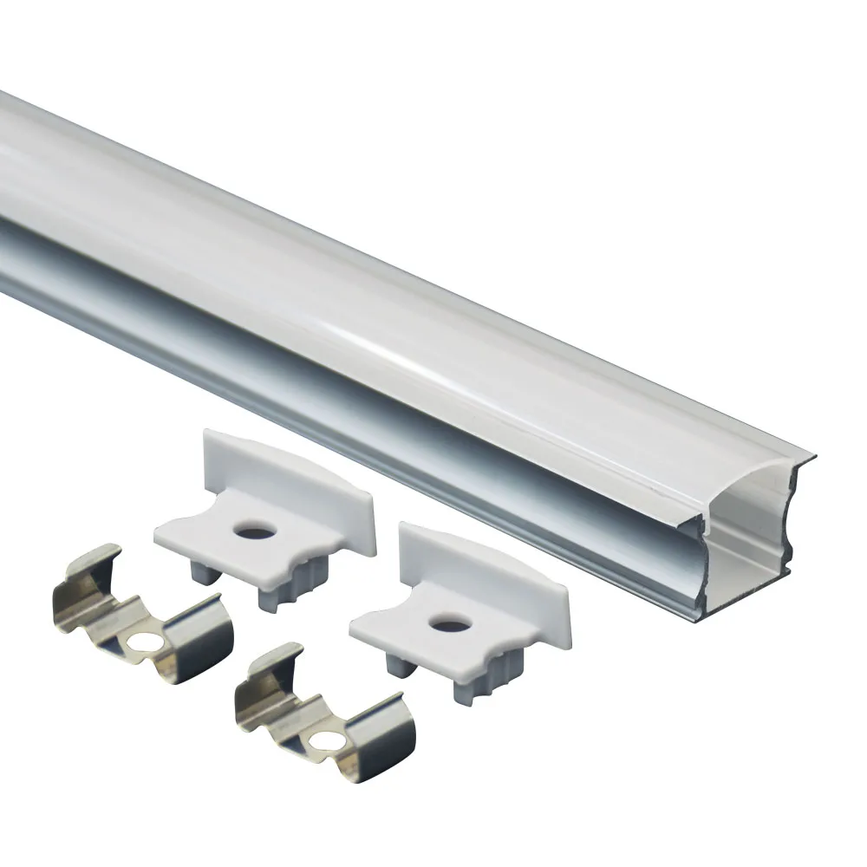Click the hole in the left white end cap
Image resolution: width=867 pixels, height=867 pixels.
click(x=255, y=529)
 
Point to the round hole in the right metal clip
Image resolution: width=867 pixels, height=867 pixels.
click(x=329, y=740)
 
